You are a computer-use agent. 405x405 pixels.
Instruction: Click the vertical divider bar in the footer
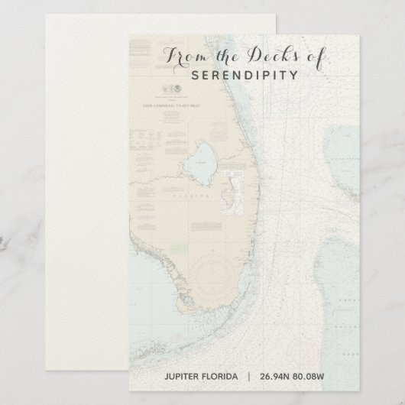coord(248,375)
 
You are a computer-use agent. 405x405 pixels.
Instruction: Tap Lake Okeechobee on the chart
coord(202,159)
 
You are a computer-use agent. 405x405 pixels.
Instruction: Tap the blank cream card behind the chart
coord(61,191)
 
